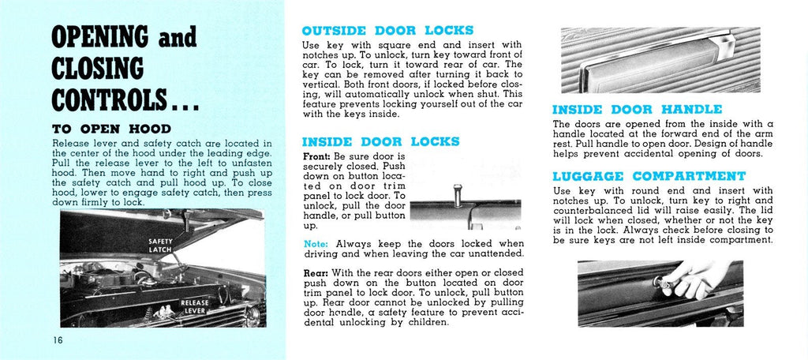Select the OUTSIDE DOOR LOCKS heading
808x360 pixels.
click(x=387, y=31)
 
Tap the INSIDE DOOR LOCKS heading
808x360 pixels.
click(x=380, y=142)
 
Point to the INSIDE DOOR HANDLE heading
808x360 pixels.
click(x=637, y=109)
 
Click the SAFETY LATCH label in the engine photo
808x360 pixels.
click(x=160, y=245)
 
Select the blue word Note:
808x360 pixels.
click(x=316, y=244)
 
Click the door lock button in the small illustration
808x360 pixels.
click(x=455, y=193)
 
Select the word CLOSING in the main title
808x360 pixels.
click(x=98, y=69)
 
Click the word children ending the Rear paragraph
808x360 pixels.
click(x=424, y=322)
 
